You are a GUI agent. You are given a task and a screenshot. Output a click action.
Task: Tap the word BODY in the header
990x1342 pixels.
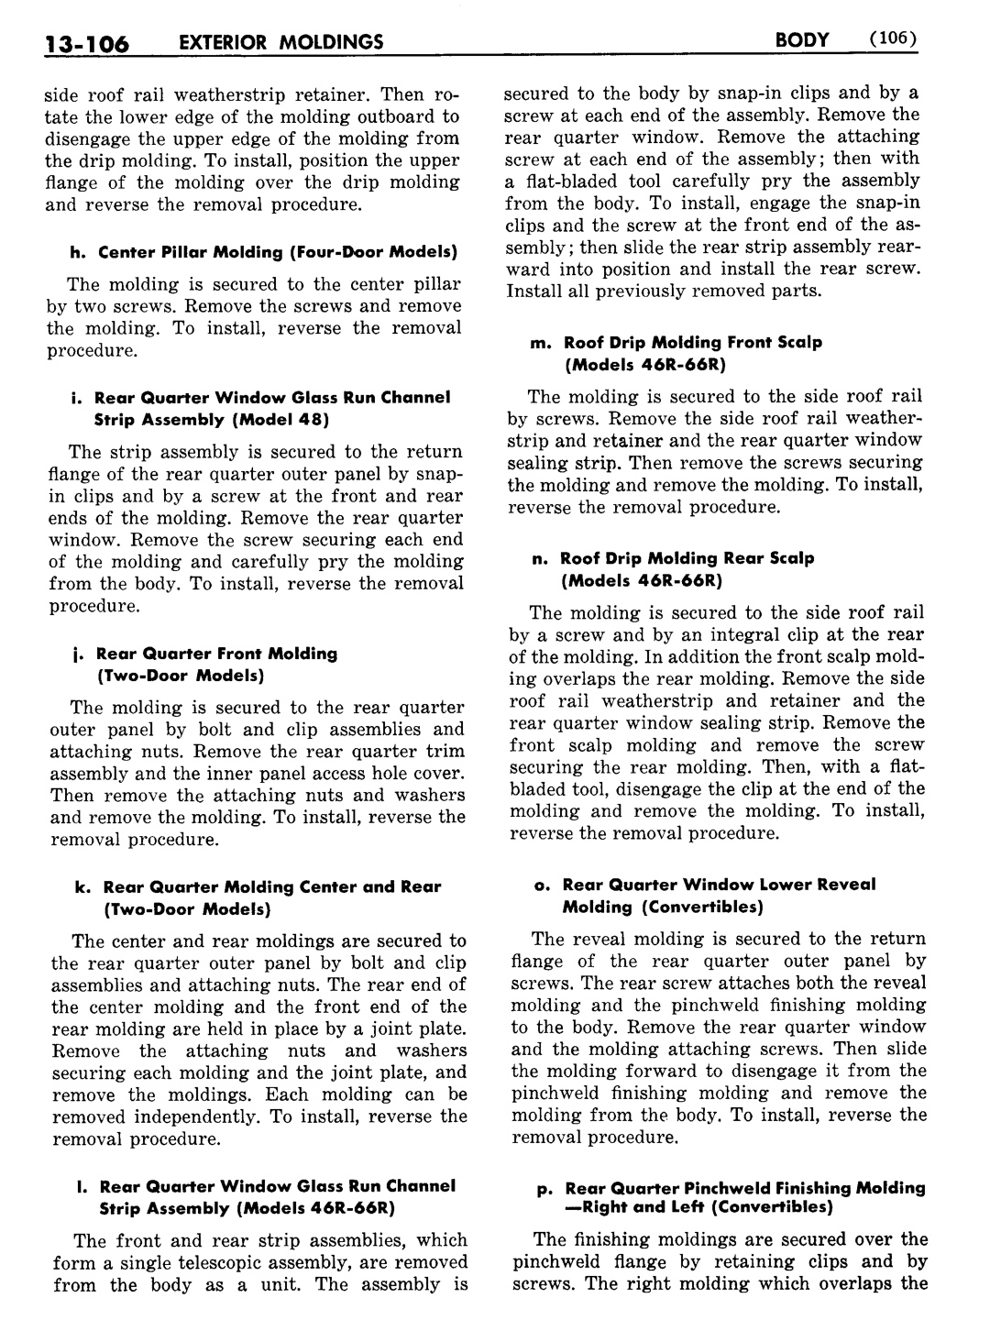click(x=801, y=39)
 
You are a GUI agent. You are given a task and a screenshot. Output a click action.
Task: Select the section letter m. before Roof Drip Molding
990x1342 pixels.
click(x=541, y=343)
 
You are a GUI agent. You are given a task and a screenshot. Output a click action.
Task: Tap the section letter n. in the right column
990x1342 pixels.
click(x=539, y=558)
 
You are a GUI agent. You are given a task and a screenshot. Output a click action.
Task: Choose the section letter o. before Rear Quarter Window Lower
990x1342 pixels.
click(x=542, y=885)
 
